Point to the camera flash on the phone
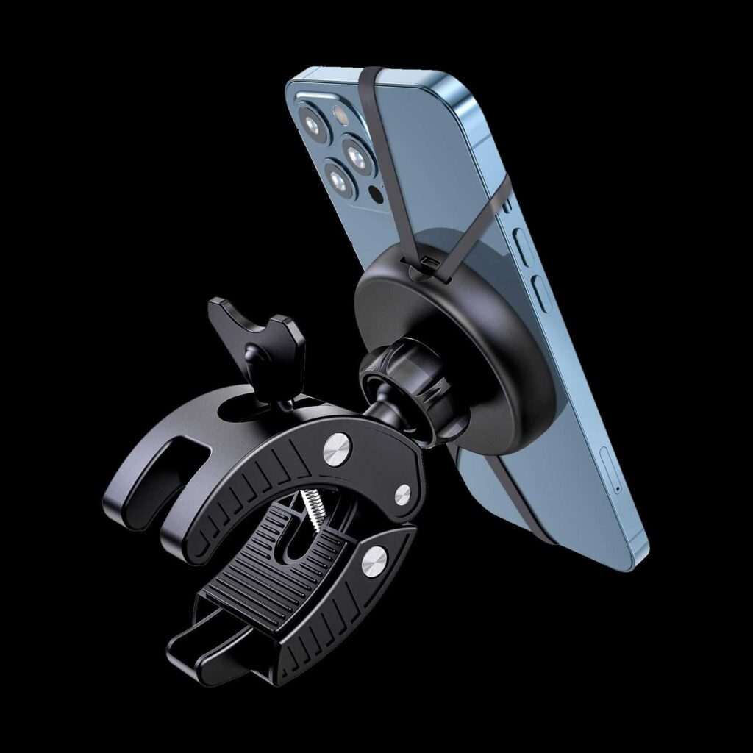coord(340,114)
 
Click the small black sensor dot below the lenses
coord(376,195)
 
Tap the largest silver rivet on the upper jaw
coord(337,449)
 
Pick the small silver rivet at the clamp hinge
coord(402,494)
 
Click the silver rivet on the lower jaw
coord(374,561)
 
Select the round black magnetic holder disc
coord(456,346)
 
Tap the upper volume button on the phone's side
coord(523,245)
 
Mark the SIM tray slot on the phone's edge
coord(610,471)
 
